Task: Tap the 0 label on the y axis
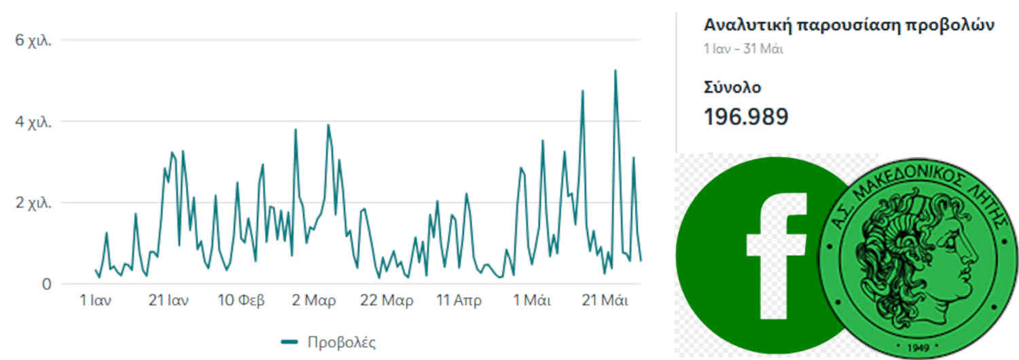46,283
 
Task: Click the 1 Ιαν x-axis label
96,301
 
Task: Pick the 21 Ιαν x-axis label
168,301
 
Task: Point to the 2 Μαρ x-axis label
315,301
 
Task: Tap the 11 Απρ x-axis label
459,301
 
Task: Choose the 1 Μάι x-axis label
532,301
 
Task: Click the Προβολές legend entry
329,342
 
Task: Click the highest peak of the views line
615,70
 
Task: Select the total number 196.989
746,117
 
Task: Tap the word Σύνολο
732,87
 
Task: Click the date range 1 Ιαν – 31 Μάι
743,49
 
